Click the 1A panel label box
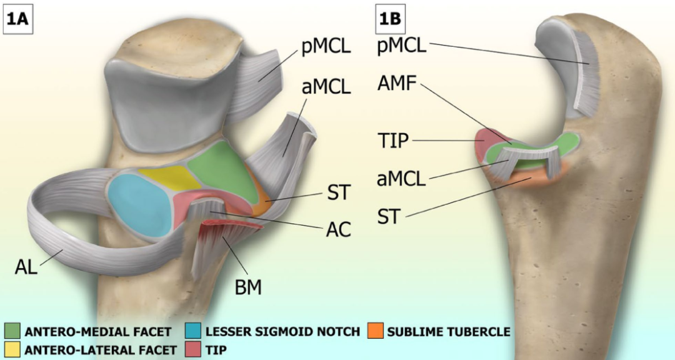[x=17, y=17]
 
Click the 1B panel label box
[x=391, y=17]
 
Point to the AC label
[x=337, y=229]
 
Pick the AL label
[x=26, y=267]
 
